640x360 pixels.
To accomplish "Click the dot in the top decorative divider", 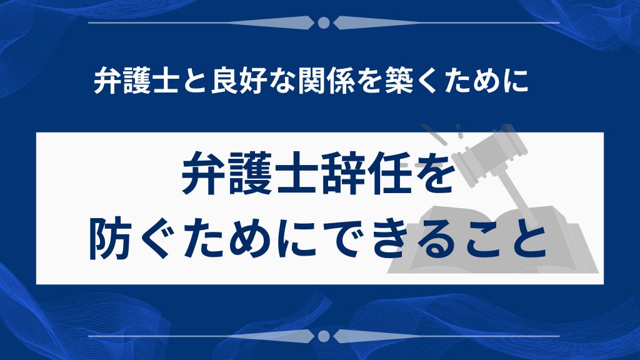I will click(x=323, y=23).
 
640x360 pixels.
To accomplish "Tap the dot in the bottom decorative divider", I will click(x=323, y=336).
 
